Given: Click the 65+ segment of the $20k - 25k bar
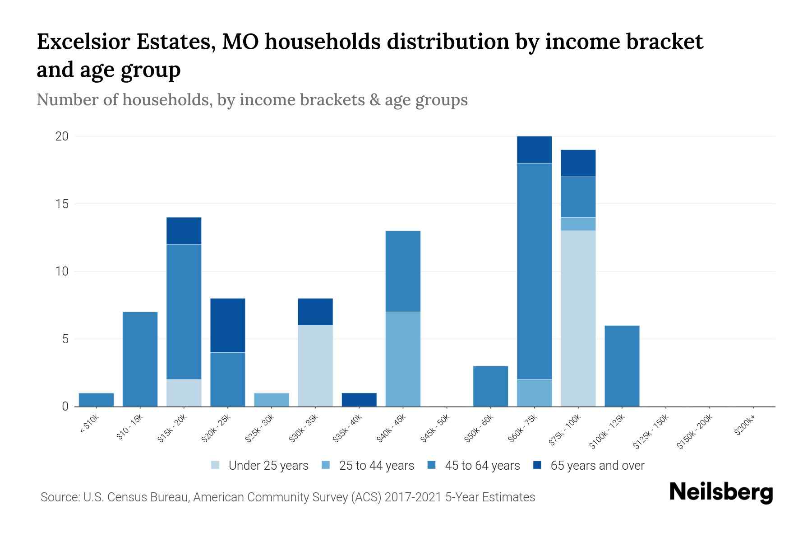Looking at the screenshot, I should tap(228, 325).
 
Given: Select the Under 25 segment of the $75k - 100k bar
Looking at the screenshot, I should tap(578, 318).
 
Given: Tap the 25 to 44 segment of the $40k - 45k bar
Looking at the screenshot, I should tap(403, 359).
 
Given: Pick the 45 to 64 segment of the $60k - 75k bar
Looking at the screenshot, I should tap(534, 271).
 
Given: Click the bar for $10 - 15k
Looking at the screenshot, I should tap(140, 359).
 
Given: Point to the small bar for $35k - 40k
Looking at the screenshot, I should tap(359, 400).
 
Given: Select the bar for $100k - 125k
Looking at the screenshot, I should tap(622, 366).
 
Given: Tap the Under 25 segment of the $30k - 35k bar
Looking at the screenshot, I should tap(315, 366).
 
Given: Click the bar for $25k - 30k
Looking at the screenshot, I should tap(272, 400).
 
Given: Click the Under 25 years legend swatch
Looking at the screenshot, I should tap(216, 465).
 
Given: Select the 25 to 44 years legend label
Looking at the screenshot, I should tap(376, 466).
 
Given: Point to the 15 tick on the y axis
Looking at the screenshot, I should tap(62, 204).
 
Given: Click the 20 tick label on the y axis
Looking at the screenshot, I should tap(62, 136).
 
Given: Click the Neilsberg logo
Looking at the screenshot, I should tap(721, 492).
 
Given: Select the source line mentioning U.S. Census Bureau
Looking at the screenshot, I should tap(288, 497).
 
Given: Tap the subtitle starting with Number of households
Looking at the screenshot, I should tap(252, 100).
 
